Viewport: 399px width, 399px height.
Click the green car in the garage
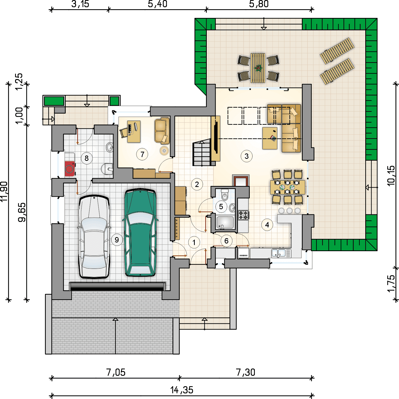point(140,232)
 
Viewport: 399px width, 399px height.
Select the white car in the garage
point(94,237)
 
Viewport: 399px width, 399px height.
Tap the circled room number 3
point(247,156)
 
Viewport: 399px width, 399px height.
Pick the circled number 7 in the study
point(142,154)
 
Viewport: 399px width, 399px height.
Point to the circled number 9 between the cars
point(117,240)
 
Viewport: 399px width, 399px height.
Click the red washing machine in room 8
point(70,169)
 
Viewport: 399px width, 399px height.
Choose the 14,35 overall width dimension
point(182,390)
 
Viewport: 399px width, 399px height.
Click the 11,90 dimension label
point(4,192)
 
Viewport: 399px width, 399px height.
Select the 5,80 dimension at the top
point(259,4)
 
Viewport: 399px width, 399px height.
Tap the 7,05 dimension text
point(116,372)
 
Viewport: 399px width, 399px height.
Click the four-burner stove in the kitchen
point(243,215)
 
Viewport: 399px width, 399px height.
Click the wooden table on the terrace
point(258,68)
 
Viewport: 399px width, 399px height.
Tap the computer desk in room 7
point(134,131)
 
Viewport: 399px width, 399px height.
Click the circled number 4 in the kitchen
point(267,225)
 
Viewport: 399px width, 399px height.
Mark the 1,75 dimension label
point(391,283)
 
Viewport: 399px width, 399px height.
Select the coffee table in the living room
point(270,138)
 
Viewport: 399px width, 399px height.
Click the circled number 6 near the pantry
point(226,241)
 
